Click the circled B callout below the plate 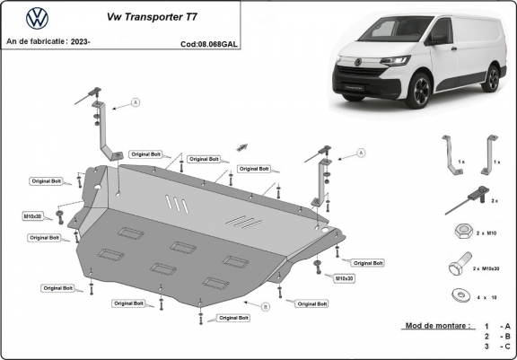pyautogui.click(x=265, y=307)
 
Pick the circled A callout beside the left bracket pyautogui.click(x=136, y=102)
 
